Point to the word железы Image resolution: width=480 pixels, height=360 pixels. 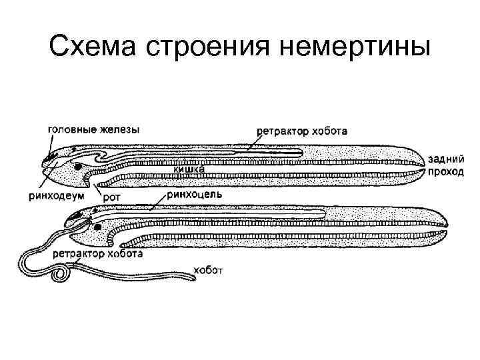pyautogui.click(x=119, y=130)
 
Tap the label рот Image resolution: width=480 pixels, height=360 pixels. pyautogui.click(x=111, y=197)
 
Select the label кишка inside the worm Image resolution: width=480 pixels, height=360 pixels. pyautogui.click(x=189, y=171)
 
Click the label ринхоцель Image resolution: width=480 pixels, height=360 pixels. pyautogui.click(x=195, y=195)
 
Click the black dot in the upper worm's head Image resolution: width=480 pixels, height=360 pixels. pyautogui.click(x=79, y=165)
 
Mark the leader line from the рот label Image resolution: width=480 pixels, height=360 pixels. pyautogui.click(x=101, y=187)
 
